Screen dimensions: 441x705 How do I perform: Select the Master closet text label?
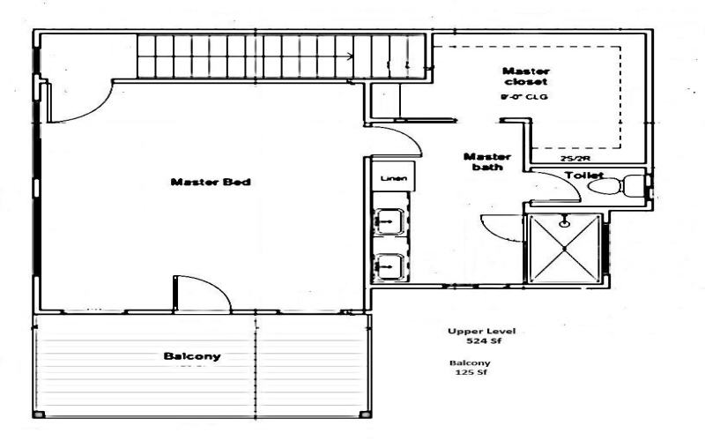526,77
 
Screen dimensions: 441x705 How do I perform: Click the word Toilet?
583,176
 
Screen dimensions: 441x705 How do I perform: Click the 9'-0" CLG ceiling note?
524,96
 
